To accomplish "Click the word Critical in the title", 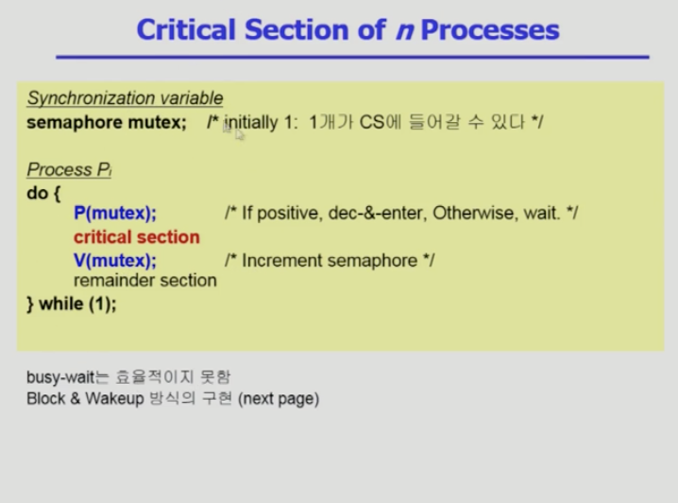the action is coord(186,29).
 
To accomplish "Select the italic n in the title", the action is coord(405,30).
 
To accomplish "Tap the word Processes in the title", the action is coord(490,30).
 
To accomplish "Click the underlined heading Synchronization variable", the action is coord(125,97).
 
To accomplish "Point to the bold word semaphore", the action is coord(75,123).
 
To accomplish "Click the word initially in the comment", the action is coord(251,123).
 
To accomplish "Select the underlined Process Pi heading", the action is coord(69,169).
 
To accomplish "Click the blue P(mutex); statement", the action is coord(115,213).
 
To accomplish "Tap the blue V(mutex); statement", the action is coord(115,261).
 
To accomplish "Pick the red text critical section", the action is coord(137,236).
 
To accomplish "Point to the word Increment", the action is coord(282,261).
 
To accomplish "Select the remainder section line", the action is coord(145,281).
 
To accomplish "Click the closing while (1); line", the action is coord(72,304).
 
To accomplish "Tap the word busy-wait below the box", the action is coord(60,377).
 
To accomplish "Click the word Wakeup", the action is coord(114,399).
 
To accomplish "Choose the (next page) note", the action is coord(279,399).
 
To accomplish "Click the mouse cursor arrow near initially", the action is coord(239,135).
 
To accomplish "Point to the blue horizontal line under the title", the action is coord(352,57).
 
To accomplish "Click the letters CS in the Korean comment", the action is coord(372,123).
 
